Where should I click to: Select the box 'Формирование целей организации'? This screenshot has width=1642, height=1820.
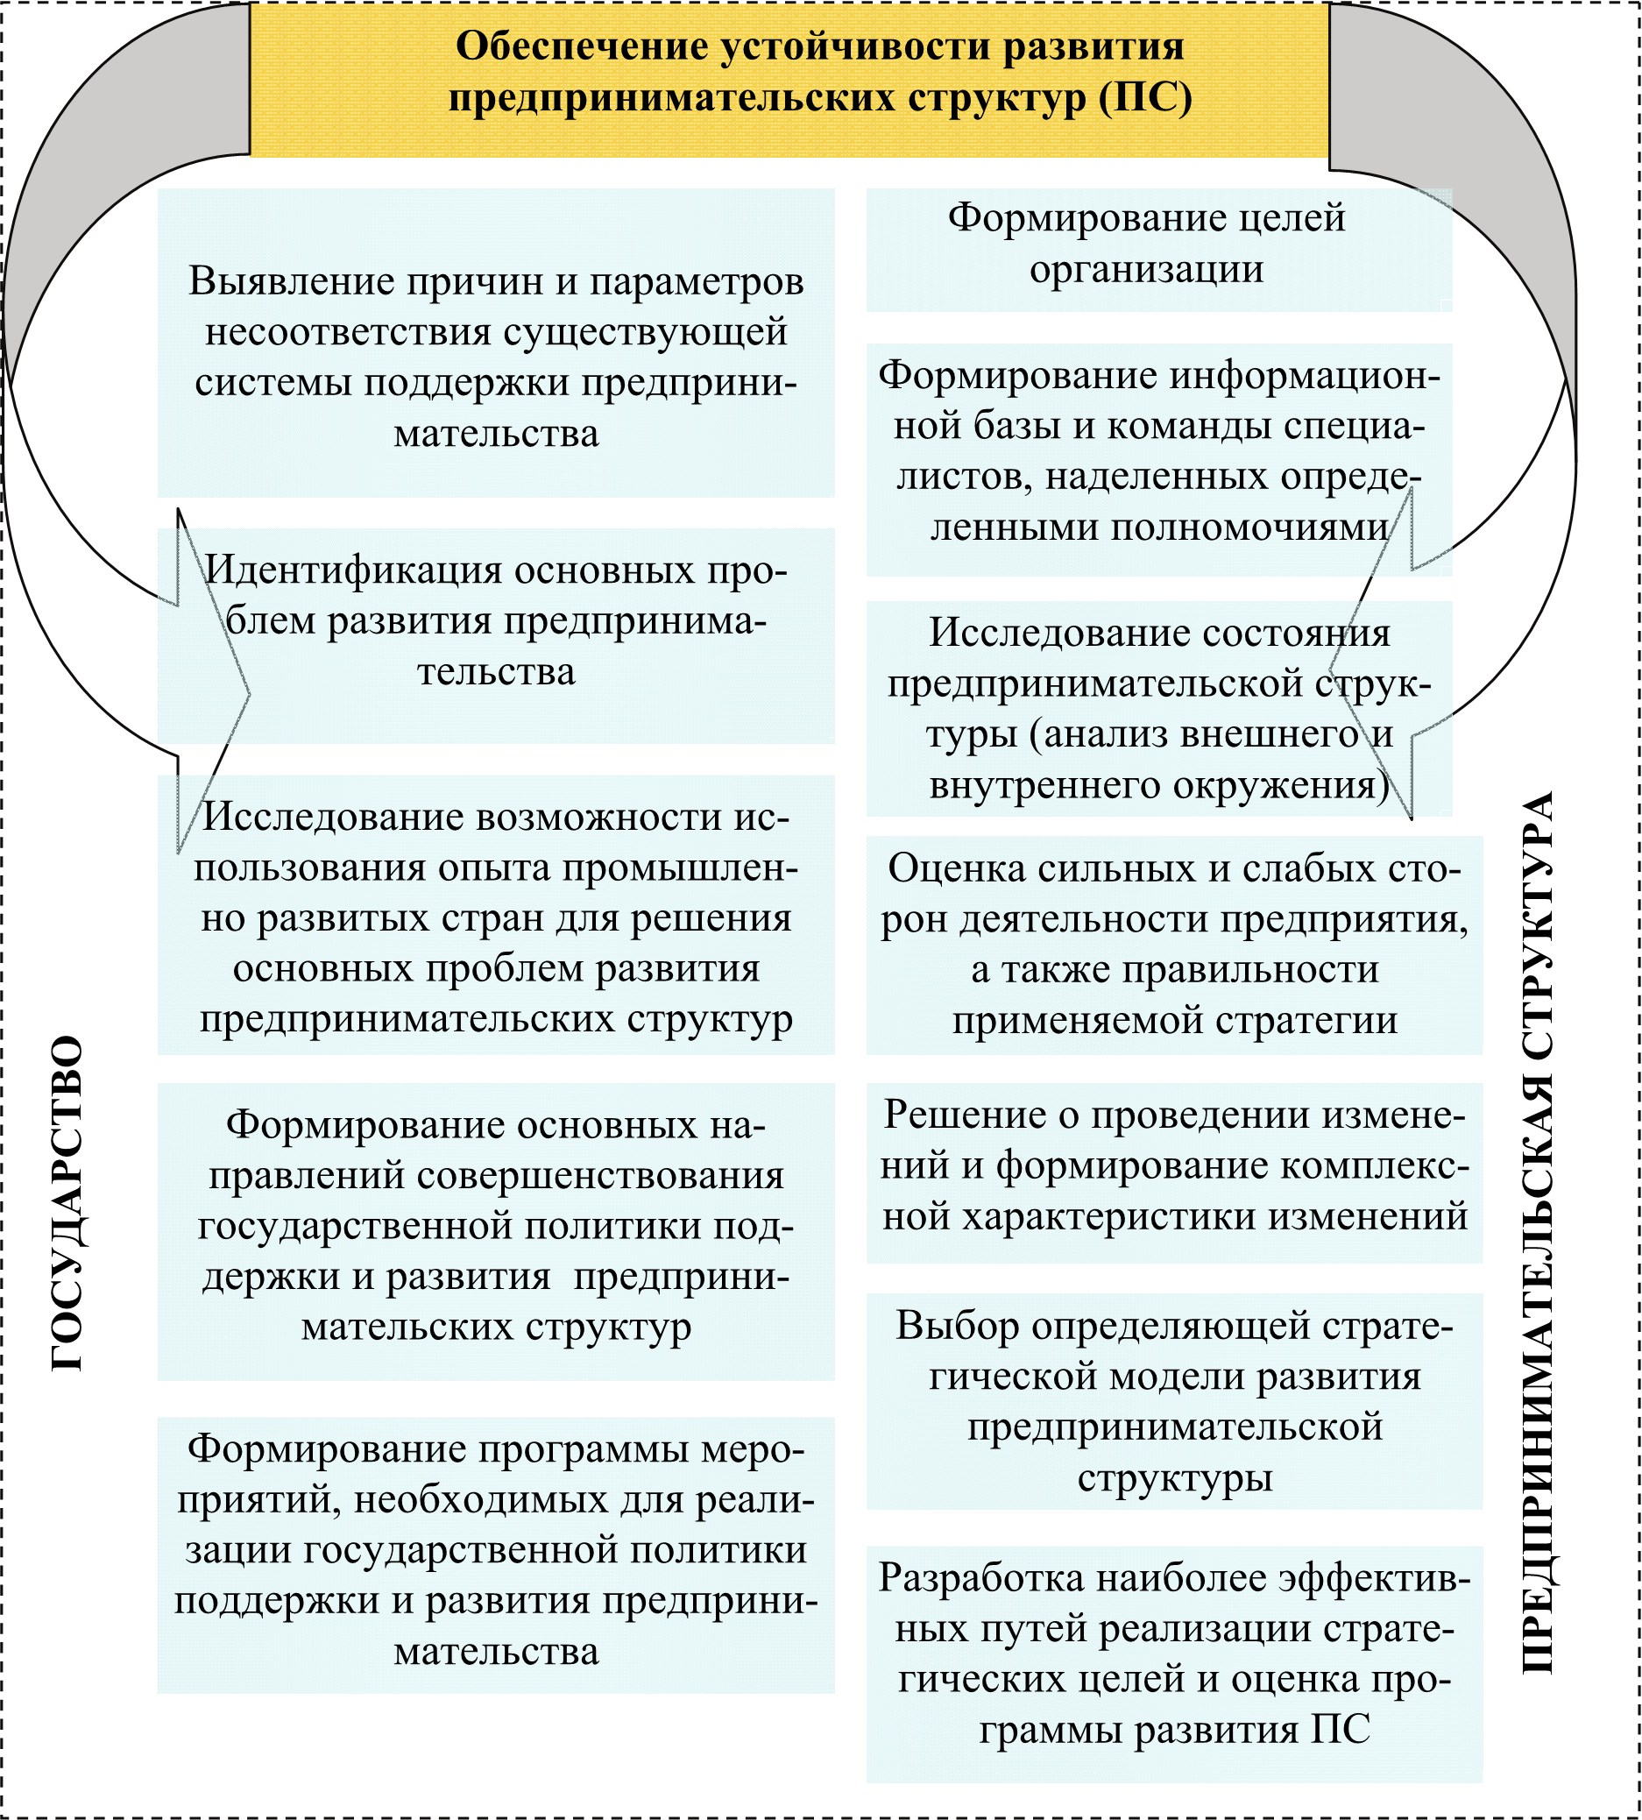pos(1158,249)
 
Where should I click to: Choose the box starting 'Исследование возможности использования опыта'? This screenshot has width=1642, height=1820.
pos(495,915)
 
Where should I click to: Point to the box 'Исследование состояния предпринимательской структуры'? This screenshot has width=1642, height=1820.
pos(1158,708)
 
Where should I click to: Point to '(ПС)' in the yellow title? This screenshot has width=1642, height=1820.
pos(1146,98)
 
